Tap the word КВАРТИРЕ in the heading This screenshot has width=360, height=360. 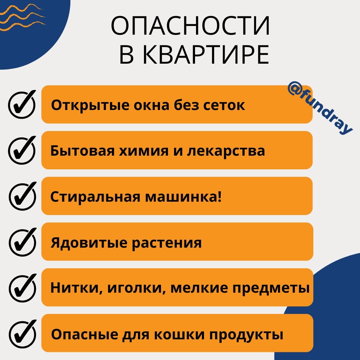[x=207, y=55]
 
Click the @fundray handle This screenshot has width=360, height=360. [x=319, y=109]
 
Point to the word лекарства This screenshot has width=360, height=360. [x=226, y=151]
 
